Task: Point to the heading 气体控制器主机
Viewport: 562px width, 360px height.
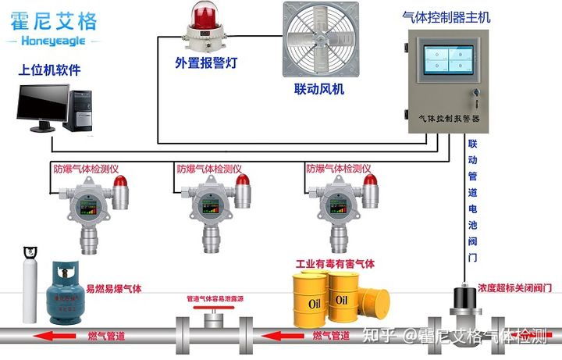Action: point(451,16)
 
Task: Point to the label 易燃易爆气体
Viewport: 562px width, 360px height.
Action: point(114,288)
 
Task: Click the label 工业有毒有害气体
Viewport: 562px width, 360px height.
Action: point(334,264)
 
